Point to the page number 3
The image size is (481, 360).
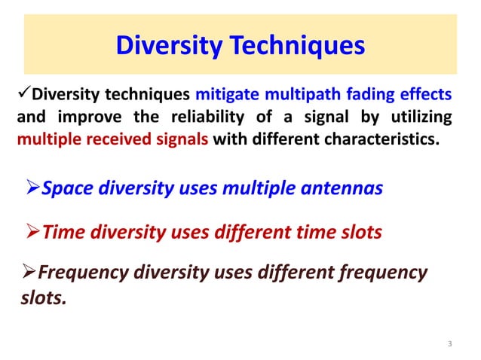(449, 344)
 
